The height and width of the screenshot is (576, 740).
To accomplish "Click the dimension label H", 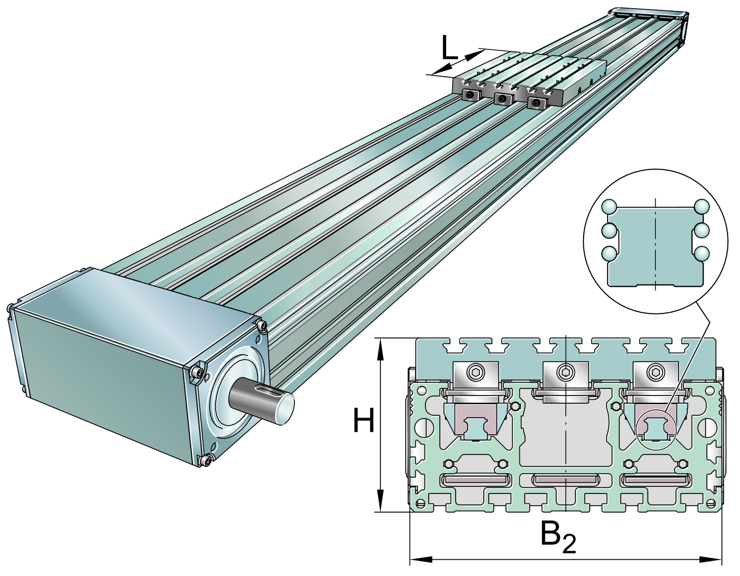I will (364, 420).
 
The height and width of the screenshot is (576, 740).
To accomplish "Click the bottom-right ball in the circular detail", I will (702, 253).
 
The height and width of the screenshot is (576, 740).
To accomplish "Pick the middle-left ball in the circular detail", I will (609, 231).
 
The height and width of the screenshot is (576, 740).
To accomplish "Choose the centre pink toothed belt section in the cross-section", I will (566, 479).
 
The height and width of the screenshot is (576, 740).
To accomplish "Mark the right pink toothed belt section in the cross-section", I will (656, 479).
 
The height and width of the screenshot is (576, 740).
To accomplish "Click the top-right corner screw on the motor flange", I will (263, 327).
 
